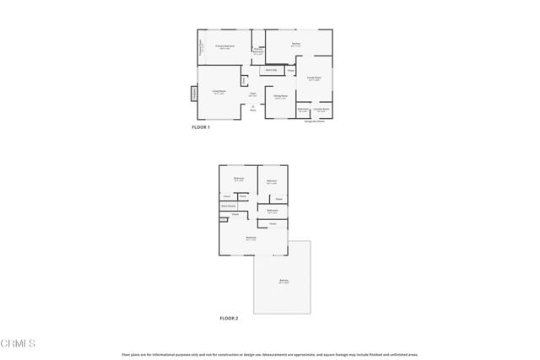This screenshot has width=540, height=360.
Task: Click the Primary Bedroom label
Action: (224, 46)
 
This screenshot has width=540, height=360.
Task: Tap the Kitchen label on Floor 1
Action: (296, 44)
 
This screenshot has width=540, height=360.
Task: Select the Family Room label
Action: (314, 78)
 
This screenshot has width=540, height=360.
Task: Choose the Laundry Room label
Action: (321, 110)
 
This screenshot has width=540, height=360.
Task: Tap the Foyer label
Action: (253, 94)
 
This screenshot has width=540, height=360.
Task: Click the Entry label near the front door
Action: (253, 110)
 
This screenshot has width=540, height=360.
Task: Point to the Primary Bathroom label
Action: (257, 52)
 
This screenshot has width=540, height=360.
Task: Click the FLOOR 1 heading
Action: (201, 127)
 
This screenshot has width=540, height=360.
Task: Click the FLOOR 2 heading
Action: (229, 319)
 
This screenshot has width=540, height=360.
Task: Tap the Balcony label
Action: (283, 282)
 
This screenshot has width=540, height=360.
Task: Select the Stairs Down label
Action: (228, 206)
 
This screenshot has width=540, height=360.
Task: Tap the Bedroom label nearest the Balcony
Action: (251, 239)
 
